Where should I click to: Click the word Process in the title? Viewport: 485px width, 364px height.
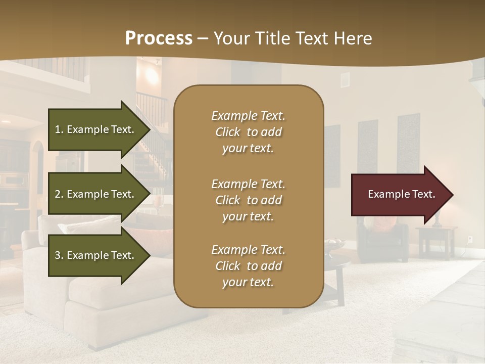click(x=159, y=38)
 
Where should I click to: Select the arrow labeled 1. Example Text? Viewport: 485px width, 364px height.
click(x=96, y=129)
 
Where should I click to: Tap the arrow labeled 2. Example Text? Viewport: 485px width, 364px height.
click(x=96, y=194)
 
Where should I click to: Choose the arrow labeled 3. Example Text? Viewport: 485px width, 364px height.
click(x=96, y=255)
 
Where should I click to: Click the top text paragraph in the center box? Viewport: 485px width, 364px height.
click(x=248, y=132)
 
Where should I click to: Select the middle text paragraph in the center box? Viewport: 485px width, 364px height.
click(x=248, y=200)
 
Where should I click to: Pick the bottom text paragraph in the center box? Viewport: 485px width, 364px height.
click(x=248, y=266)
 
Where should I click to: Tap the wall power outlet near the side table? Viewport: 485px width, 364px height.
click(x=470, y=239)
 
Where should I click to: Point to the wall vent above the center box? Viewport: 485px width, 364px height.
click(x=345, y=79)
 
